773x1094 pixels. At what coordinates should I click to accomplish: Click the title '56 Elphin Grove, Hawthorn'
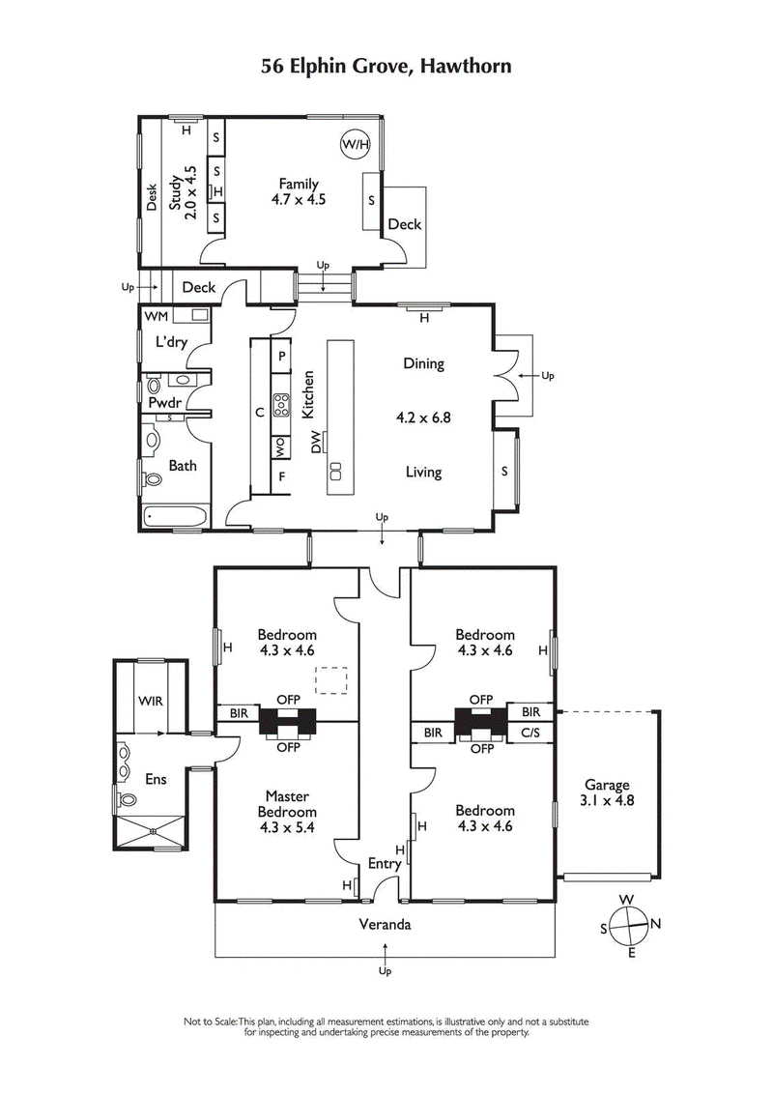point(386,66)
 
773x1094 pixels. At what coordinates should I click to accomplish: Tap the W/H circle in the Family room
point(355,145)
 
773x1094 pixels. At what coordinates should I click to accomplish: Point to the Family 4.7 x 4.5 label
point(299,192)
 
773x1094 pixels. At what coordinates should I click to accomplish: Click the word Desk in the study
point(152,198)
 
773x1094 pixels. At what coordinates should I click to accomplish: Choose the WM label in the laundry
point(156,316)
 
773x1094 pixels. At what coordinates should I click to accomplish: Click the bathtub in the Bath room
point(175,517)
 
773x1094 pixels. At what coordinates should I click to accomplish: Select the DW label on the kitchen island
point(316,443)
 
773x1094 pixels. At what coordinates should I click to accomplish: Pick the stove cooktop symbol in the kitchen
point(282,403)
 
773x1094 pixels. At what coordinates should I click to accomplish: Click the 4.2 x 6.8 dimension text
point(423,418)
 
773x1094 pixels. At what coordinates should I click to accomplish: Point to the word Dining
point(423,364)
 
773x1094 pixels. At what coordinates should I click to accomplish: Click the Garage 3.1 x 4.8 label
point(606,792)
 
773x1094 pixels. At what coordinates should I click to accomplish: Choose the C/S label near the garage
point(530,734)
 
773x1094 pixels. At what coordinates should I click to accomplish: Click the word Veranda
point(385,924)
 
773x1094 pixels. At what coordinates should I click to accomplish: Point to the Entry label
point(385,864)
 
